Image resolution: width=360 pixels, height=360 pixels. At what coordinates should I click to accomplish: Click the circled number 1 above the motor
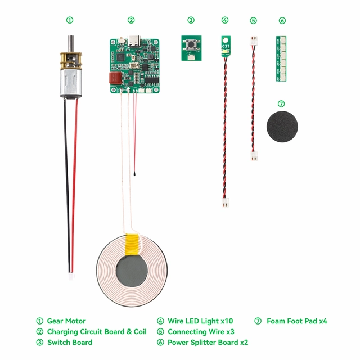point(70,20)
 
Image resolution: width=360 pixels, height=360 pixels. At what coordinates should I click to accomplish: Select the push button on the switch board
point(191,44)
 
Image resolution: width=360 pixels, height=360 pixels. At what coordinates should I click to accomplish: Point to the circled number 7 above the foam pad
point(282,104)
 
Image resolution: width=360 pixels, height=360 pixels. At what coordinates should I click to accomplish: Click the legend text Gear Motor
point(66,321)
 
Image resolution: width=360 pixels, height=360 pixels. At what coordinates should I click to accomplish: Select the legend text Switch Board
point(70,342)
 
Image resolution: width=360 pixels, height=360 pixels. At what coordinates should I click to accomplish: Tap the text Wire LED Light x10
point(200,321)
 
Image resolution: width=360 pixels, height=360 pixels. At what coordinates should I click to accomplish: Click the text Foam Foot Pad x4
point(296,321)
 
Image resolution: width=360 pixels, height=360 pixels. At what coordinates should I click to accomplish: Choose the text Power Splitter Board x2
point(208,342)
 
